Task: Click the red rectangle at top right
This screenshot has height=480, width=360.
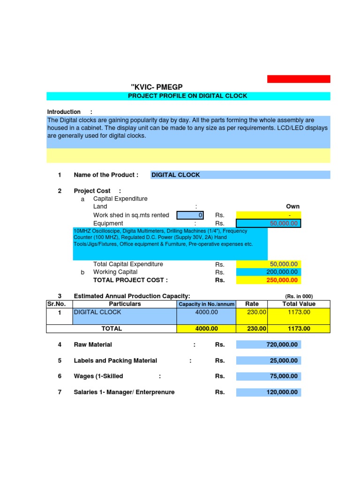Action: coord(299,79)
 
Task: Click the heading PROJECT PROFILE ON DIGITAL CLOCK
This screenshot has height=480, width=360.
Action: coord(187,96)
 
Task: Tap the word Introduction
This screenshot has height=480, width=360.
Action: coord(64,112)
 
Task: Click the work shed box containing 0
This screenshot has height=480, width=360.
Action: coord(191,215)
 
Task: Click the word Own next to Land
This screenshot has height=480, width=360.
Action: coord(293,206)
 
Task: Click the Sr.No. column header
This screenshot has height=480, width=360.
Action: coord(56,304)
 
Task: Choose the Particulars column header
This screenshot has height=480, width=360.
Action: coord(125,304)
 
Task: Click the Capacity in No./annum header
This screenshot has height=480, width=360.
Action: coord(206,304)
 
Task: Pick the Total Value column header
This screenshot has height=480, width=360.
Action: coord(299,304)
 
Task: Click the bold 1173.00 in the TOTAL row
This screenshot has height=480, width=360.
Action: coord(300,329)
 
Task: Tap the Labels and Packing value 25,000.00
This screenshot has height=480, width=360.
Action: coord(284,360)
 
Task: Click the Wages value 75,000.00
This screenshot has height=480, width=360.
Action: coord(284,376)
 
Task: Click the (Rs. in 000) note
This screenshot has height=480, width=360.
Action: coord(299,296)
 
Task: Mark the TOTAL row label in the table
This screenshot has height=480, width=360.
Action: coord(112,329)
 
